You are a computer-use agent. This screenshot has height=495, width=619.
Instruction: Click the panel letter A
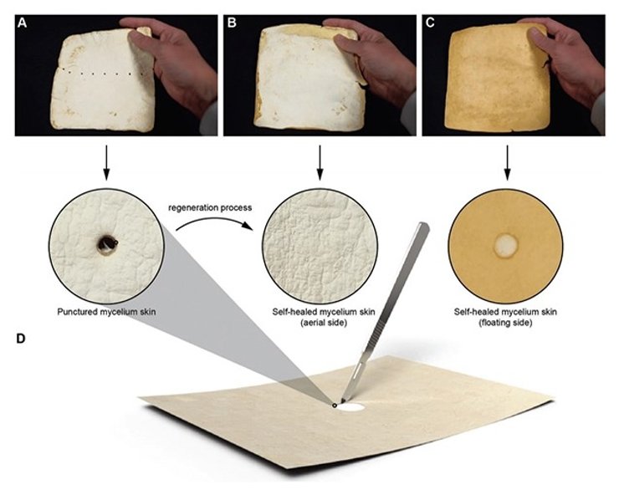(22, 23)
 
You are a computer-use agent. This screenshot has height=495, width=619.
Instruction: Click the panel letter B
(232, 23)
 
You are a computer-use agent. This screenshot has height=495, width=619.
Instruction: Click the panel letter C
(430, 23)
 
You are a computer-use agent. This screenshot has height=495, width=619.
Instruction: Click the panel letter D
(21, 339)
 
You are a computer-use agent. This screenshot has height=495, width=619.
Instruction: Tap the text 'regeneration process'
(210, 207)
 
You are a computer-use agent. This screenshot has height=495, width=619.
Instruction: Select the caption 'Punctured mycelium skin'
(106, 312)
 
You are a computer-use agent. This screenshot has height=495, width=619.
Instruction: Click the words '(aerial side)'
(324, 323)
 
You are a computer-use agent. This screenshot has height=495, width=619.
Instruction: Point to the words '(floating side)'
(505, 323)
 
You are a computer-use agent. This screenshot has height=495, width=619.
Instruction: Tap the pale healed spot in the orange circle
(506, 245)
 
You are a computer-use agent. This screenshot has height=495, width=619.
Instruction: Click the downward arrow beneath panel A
(106, 163)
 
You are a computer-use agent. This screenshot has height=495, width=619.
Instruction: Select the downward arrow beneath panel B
(320, 163)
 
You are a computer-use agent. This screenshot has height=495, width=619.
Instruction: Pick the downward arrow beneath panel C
(507, 163)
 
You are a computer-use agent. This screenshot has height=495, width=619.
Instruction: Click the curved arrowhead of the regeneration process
(248, 226)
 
